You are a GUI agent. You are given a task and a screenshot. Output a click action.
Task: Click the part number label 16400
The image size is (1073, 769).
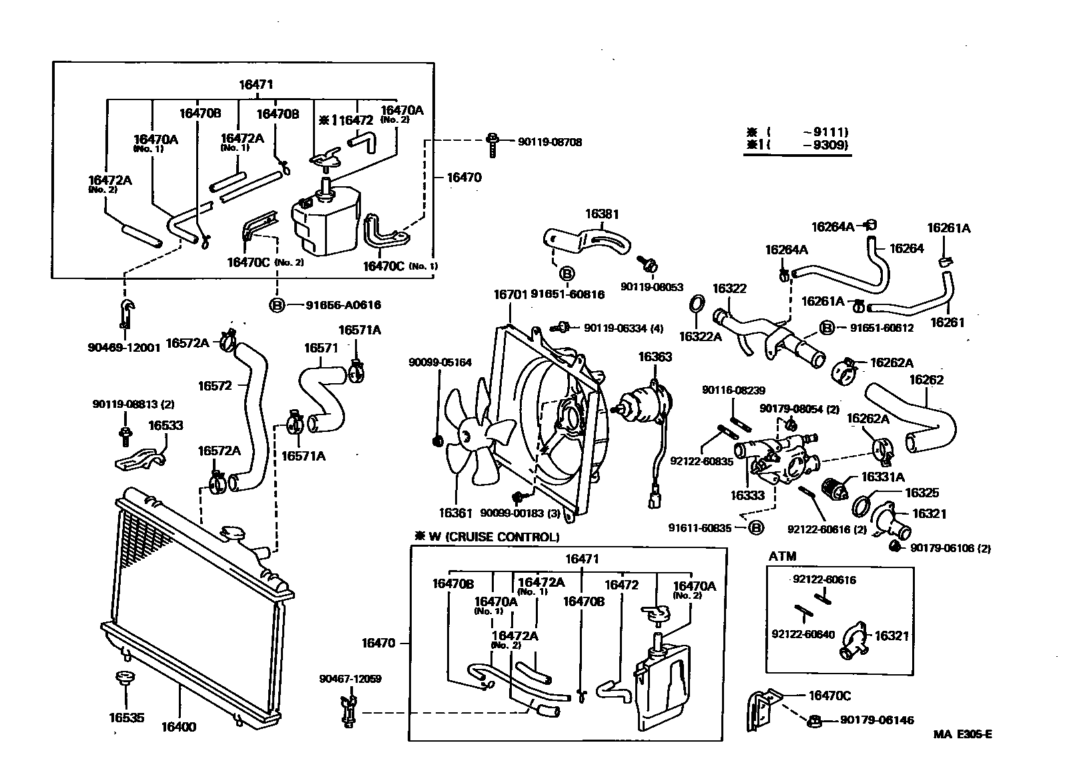pos(178,726)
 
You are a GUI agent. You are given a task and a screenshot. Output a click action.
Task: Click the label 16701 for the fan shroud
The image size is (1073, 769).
pos(510,294)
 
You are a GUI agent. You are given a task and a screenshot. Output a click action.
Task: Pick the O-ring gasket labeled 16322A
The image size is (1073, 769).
pos(695,304)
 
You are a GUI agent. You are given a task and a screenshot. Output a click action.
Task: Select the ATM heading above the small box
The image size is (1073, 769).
pos(782,556)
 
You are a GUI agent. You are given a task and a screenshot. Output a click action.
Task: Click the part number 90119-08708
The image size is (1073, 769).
pos(549,142)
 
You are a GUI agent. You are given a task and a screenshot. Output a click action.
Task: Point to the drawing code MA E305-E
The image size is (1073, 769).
pos(962,734)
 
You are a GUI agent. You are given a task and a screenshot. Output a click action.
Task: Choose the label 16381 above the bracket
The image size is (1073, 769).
pos(602,214)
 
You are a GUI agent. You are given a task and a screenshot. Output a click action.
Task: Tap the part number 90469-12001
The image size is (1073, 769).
pos(123,347)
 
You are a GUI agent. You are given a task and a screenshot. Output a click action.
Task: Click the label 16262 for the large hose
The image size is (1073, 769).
pos(926,380)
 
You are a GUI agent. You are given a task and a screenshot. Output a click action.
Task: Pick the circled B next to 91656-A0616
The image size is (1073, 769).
pos(276,305)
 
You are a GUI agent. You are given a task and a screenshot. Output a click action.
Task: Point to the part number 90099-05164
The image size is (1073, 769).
pos(440,362)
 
